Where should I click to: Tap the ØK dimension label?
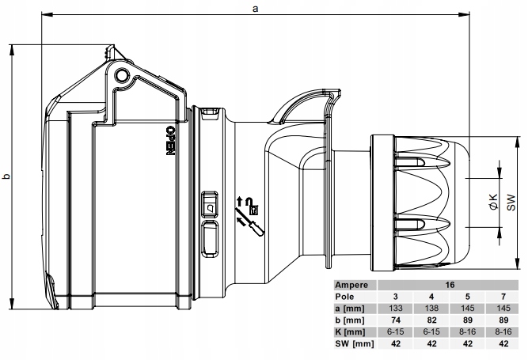tap(492, 202)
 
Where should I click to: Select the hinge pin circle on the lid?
tap(121, 75)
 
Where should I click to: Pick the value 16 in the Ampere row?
tap(450, 282)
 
